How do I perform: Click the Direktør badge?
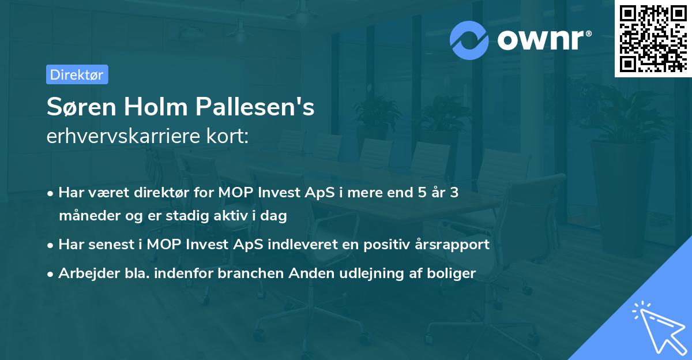(77, 74)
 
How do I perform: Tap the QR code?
(653, 38)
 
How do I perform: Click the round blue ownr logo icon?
(469, 40)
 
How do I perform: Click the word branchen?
(243, 273)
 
